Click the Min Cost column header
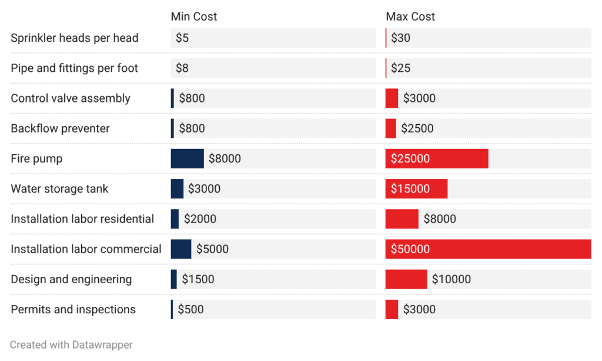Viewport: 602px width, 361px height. [x=193, y=16]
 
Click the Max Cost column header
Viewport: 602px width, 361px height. [x=410, y=16]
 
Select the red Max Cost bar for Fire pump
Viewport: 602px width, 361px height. [x=436, y=158]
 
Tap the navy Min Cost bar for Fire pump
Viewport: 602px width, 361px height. [x=187, y=158]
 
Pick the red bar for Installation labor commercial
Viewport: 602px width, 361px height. [x=488, y=249]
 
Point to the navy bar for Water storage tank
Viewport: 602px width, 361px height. [x=177, y=189]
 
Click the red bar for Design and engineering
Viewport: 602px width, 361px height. [x=406, y=279]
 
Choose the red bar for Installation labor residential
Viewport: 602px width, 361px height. [x=402, y=219]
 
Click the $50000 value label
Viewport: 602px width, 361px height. [x=410, y=249]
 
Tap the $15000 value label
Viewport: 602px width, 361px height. [x=410, y=189]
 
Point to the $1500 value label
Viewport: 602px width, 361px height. [x=198, y=279]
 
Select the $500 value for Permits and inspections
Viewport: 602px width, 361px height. [x=191, y=309]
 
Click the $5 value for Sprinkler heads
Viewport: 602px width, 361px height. [x=182, y=38]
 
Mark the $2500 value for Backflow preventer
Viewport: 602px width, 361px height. [x=417, y=128]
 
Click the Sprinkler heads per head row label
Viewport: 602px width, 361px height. [x=75, y=38]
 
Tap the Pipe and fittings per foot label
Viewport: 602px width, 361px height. [x=75, y=68]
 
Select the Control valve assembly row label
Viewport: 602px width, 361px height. [x=71, y=98]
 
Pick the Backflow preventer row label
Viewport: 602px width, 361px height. [x=61, y=128]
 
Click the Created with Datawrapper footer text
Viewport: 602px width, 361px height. [x=71, y=345]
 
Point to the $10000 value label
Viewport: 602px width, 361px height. [x=451, y=279]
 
